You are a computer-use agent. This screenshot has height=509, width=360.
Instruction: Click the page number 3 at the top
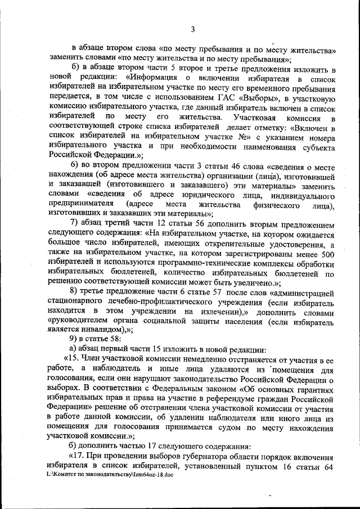point(192,29)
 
